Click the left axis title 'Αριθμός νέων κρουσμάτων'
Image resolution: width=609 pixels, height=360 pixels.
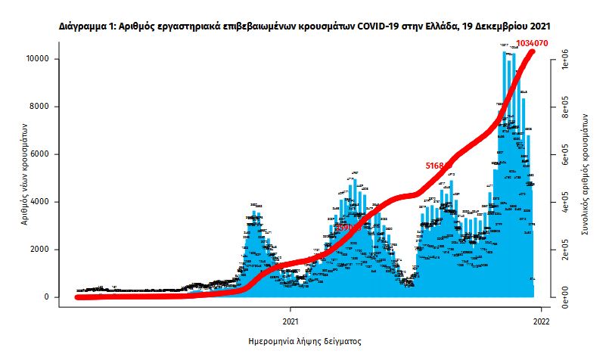(23, 178)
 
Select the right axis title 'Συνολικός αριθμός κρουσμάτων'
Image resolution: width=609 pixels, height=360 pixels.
(585, 178)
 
